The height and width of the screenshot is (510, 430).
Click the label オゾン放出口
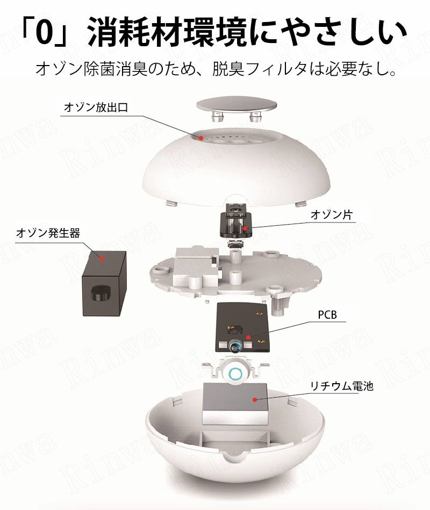96,107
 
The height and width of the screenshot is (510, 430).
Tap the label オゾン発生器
48,233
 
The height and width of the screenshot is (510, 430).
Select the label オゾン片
332,214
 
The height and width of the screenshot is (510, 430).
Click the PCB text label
327,314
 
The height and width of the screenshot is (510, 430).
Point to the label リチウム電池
341,386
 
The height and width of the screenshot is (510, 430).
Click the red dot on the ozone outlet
201,138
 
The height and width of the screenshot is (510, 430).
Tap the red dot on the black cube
102,259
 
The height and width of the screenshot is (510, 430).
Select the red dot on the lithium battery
255,399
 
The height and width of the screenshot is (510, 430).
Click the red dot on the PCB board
248,337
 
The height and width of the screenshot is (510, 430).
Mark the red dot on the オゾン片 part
246,228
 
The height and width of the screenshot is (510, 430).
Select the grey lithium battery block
234,404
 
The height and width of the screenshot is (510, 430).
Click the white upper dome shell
236,169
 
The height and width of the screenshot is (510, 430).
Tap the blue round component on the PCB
235,346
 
